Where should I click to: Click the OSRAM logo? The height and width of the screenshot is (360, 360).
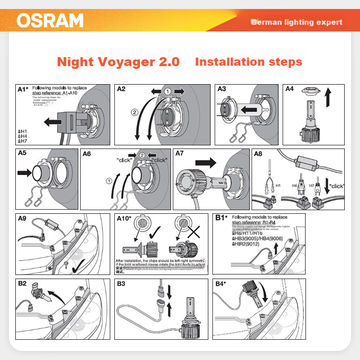click(x=50, y=20)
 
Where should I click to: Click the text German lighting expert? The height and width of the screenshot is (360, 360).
click(x=297, y=22)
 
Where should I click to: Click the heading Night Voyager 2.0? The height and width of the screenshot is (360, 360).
click(x=118, y=62)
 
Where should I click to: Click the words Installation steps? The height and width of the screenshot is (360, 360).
click(x=248, y=62)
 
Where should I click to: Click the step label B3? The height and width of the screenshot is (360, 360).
click(x=121, y=284)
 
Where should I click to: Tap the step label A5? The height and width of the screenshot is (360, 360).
click(x=22, y=153)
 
